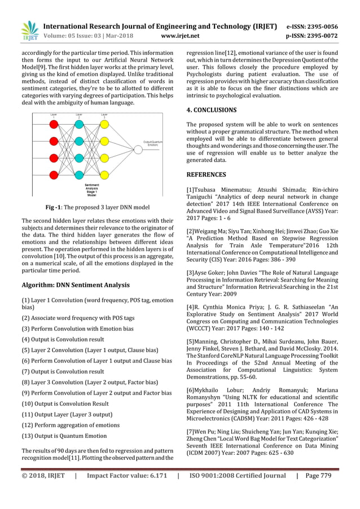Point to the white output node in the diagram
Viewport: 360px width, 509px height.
(138, 150)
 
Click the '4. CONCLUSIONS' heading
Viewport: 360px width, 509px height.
(212, 110)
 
